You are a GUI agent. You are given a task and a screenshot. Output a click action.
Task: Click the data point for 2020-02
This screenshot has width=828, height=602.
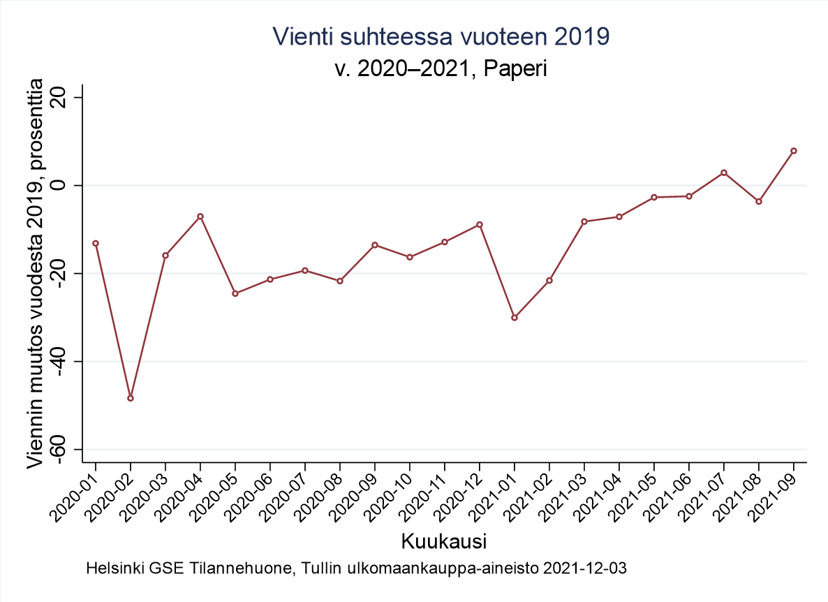click(131, 398)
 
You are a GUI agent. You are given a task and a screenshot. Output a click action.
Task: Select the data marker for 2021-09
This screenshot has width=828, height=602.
click(794, 151)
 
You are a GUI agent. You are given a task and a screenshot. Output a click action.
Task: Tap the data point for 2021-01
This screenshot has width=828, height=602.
click(515, 318)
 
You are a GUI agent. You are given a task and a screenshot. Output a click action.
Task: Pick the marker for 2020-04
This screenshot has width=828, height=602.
click(200, 216)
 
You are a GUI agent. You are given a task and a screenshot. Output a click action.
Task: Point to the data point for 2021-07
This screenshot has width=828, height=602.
click(724, 172)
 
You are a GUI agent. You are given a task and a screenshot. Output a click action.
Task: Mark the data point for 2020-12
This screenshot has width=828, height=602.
click(480, 225)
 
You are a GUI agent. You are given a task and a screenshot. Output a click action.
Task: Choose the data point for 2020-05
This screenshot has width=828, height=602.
click(235, 293)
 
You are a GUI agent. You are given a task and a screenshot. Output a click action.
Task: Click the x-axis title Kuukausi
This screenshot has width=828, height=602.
click(444, 541)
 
